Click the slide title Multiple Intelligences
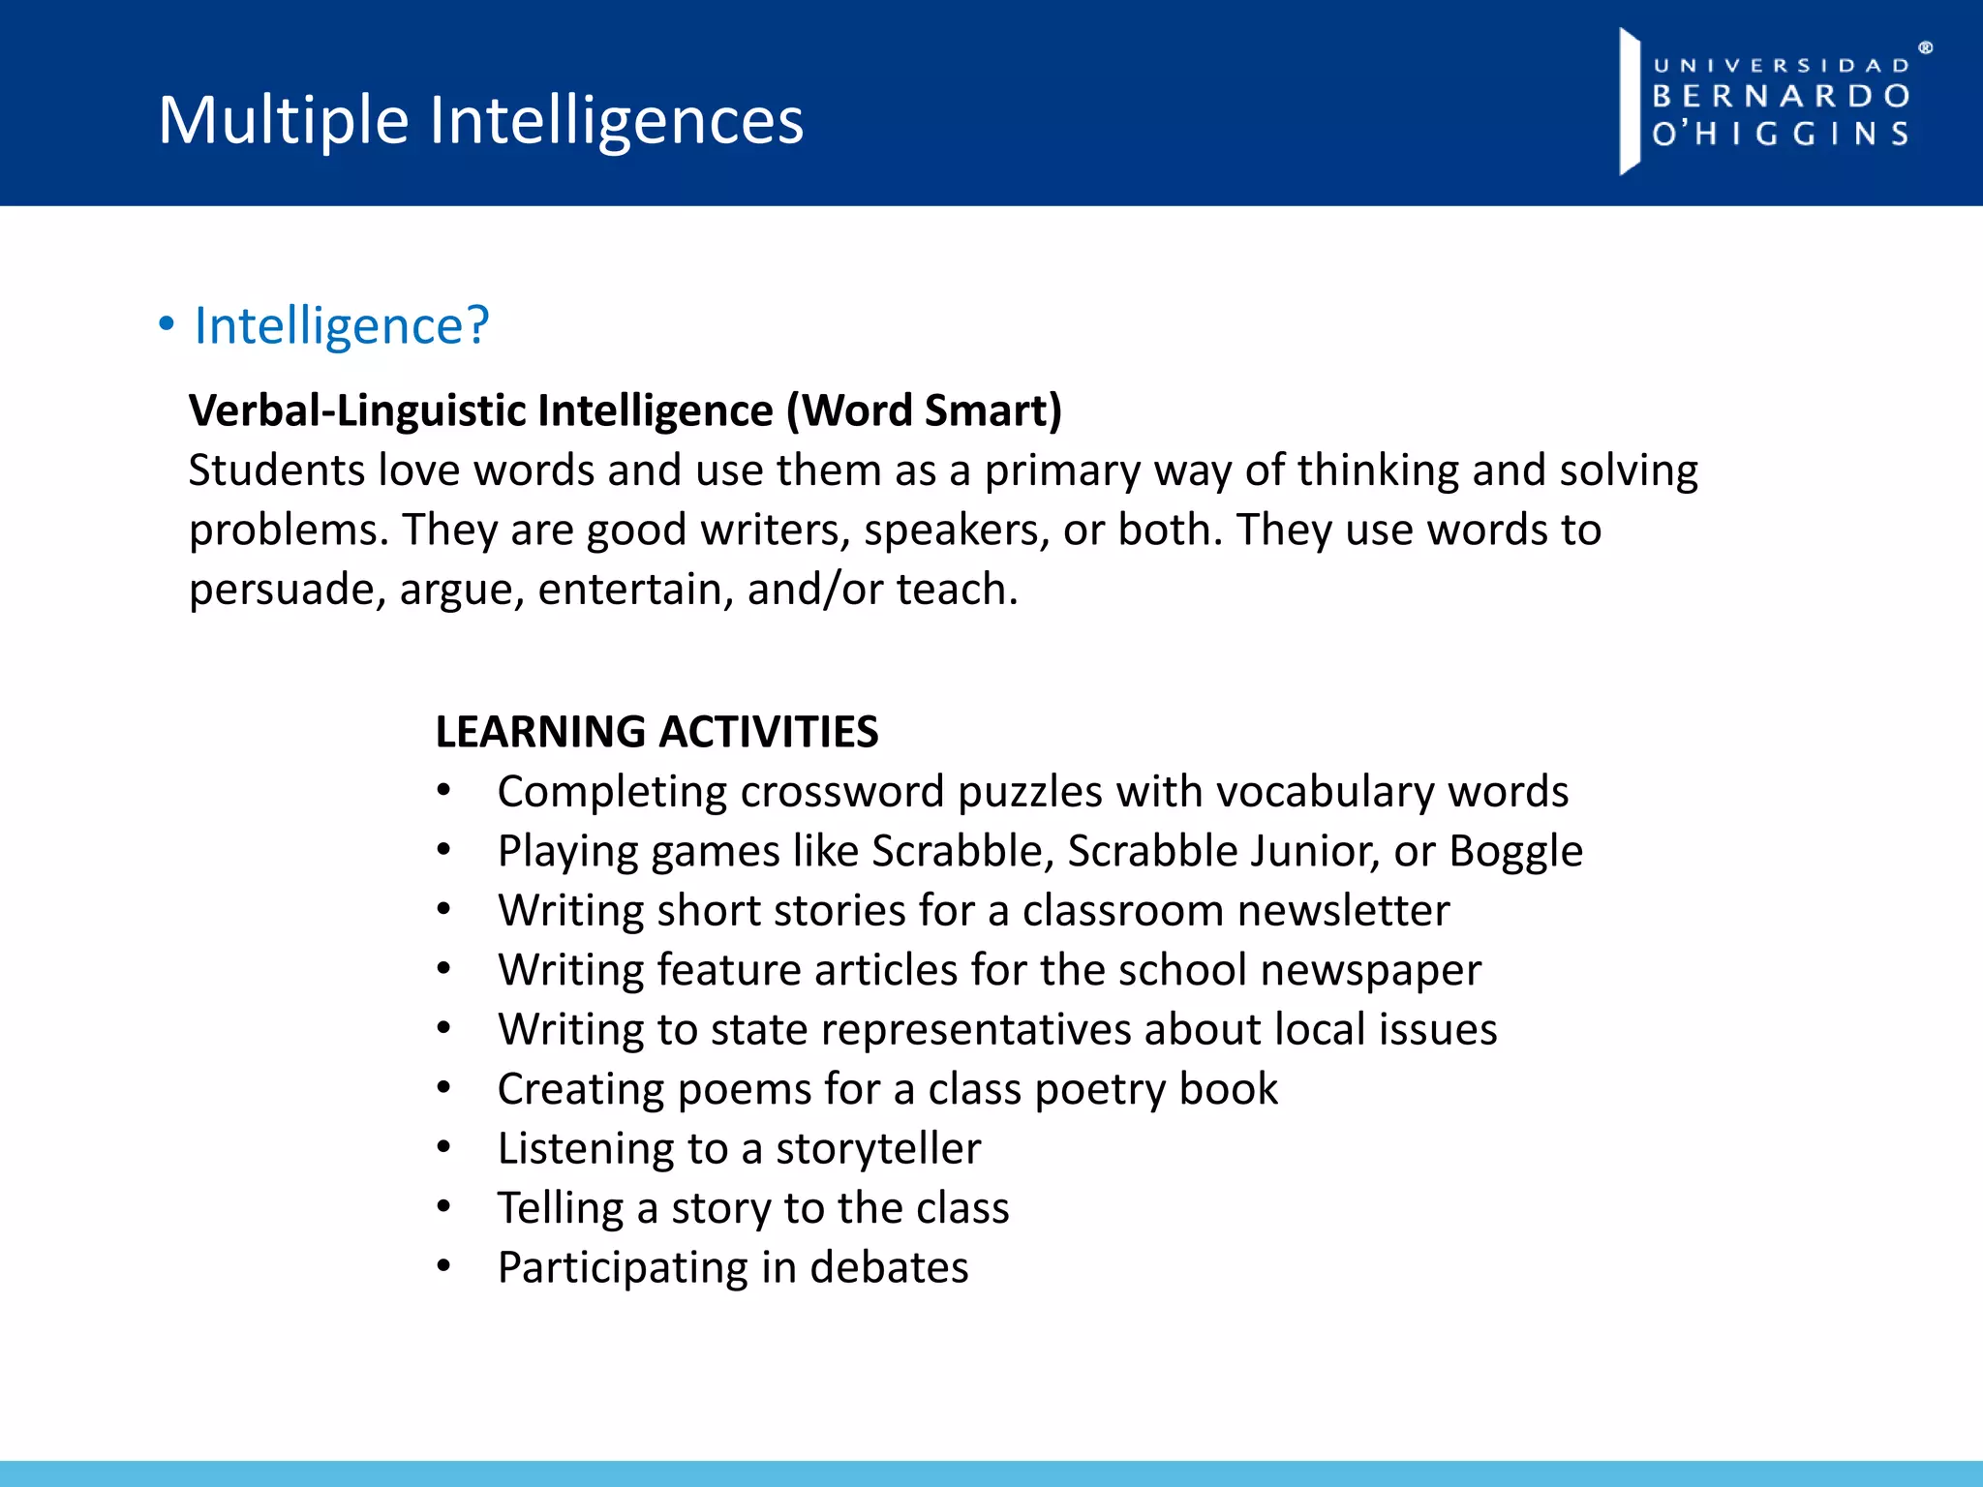pos(480,120)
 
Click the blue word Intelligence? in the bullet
pos(342,325)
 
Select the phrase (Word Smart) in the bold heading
pos(924,410)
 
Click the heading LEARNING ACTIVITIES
pos(656,732)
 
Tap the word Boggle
pos(1515,852)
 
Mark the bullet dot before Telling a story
pos(443,1206)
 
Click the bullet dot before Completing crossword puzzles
pos(443,790)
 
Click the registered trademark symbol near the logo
pos(1926,47)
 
